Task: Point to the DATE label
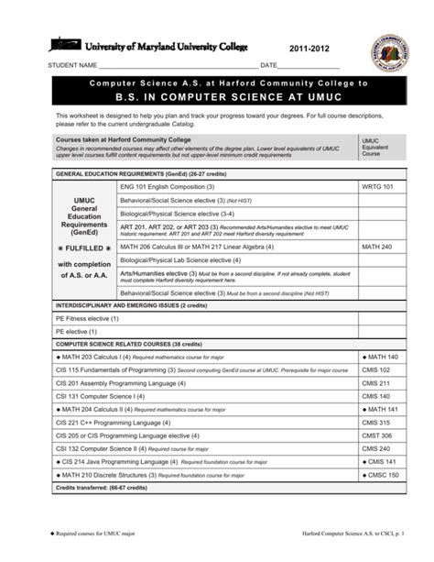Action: pos(268,67)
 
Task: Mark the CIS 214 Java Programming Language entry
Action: pos(137,462)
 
